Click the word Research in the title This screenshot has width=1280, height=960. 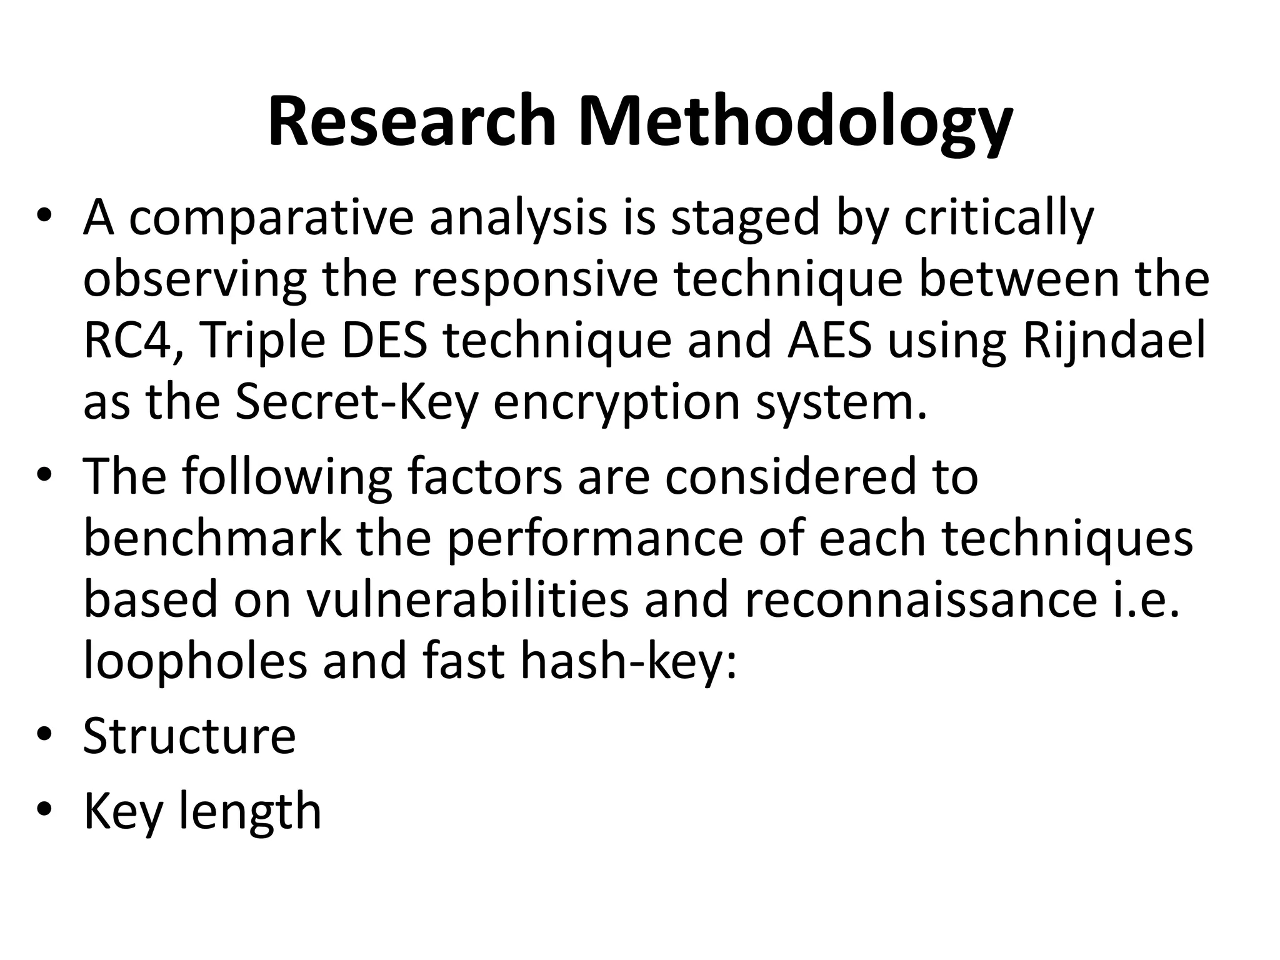click(x=412, y=121)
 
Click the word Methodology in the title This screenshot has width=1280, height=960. click(x=794, y=121)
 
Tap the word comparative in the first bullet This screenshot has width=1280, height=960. click(x=271, y=219)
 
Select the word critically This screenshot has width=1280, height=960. click(x=998, y=219)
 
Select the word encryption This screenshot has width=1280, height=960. click(x=617, y=402)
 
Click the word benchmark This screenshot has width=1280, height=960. click(x=213, y=539)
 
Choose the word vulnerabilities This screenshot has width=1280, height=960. click(x=467, y=601)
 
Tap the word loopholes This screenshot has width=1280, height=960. click(x=195, y=662)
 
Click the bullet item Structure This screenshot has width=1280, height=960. click(x=189, y=736)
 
